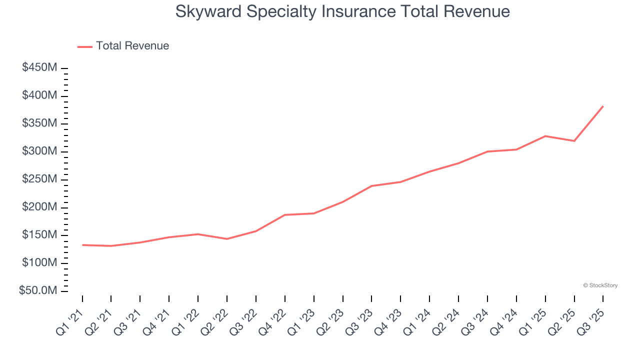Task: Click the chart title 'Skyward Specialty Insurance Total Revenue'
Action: coord(342,11)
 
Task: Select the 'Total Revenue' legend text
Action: coord(132,46)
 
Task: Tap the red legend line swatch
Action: coord(85,46)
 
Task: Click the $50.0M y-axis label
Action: coord(38,291)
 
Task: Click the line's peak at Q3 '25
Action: coord(603,106)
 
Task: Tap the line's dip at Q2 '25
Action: coord(574,140)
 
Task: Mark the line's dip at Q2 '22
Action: coord(227,239)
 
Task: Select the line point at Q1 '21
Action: coord(82,245)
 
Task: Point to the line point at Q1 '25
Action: coord(545,136)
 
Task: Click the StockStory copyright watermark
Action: coord(600,285)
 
